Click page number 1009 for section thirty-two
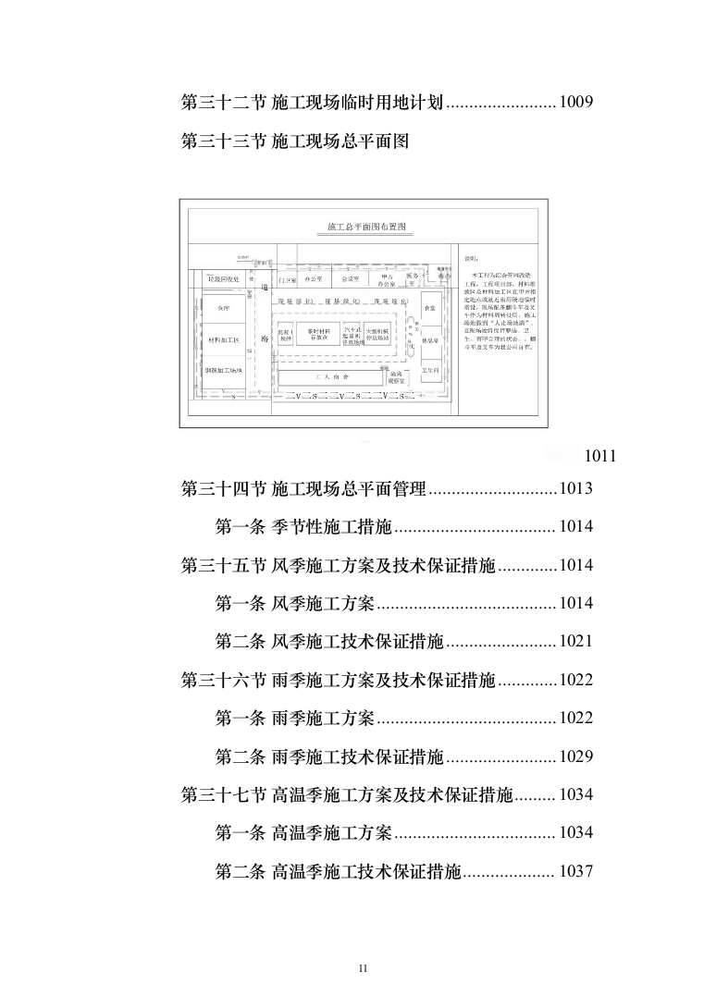tap(574, 103)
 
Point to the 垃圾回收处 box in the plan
tap(223, 278)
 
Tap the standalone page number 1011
tap(600, 455)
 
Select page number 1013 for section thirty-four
tap(574, 489)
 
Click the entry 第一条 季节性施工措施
tap(304, 527)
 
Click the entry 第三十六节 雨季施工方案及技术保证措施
tap(339, 681)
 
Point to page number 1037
tap(574, 871)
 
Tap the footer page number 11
tap(363, 967)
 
